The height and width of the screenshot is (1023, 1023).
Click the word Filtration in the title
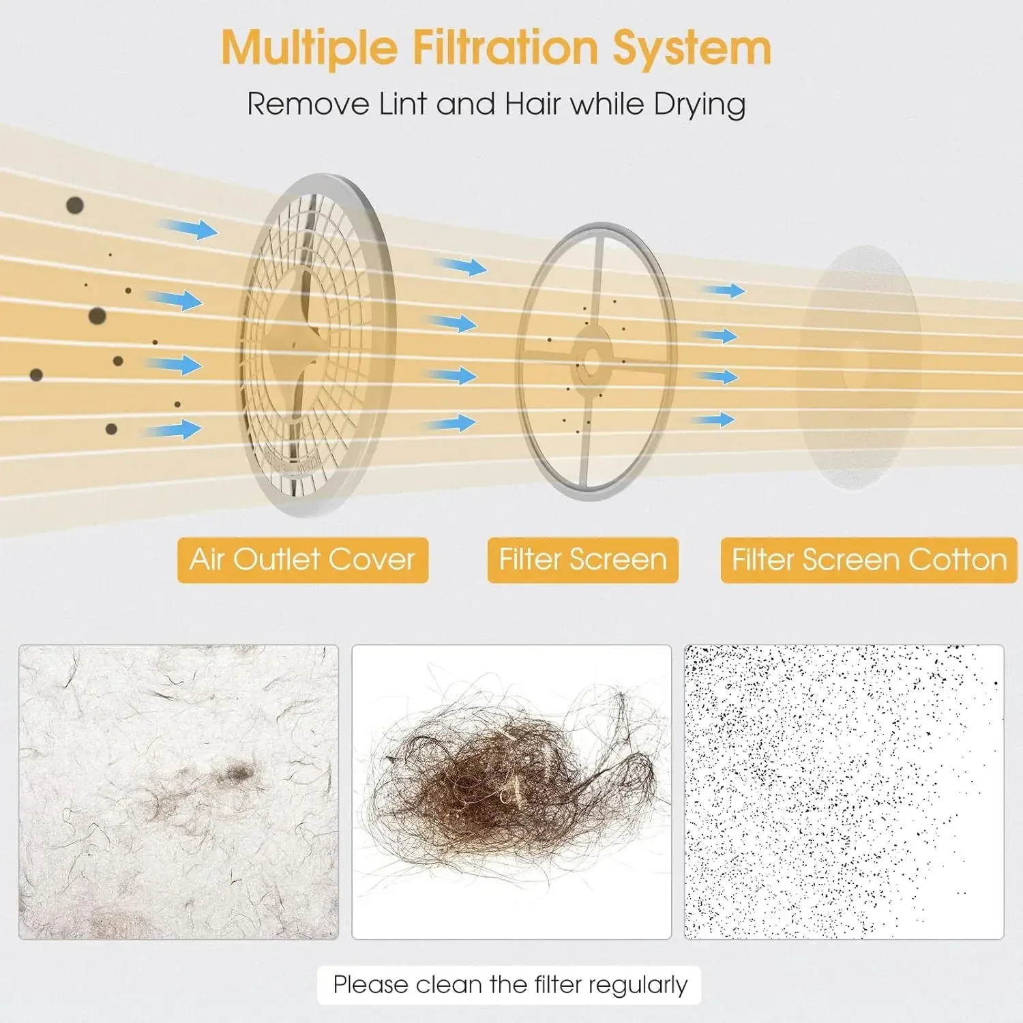(x=505, y=48)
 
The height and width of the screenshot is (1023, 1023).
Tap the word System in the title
(x=692, y=49)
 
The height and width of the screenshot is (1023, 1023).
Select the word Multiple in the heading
(x=310, y=49)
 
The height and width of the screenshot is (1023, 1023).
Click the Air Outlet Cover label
(x=303, y=560)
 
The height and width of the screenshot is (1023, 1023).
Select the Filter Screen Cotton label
(x=869, y=560)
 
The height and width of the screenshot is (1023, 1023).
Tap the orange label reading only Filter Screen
(x=582, y=560)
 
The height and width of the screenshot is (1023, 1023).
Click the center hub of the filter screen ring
(x=591, y=359)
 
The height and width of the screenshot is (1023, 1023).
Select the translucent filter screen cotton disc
(x=859, y=367)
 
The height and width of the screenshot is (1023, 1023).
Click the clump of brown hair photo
(x=512, y=792)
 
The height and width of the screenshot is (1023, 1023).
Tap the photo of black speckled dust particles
(x=844, y=792)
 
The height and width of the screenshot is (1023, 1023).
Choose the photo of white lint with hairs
(x=179, y=792)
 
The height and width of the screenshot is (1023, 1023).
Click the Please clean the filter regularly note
(x=509, y=985)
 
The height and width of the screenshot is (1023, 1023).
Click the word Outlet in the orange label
(x=276, y=559)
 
